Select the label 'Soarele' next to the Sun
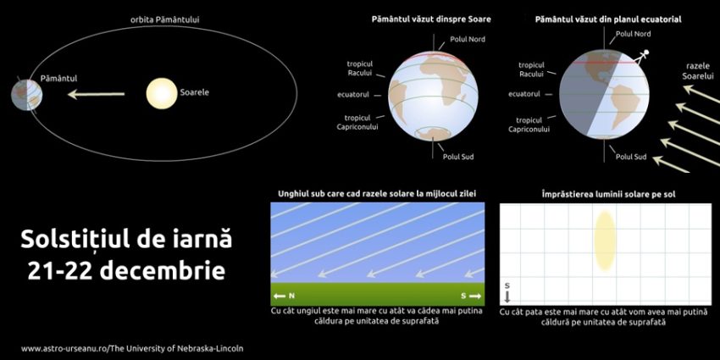tap(194, 91)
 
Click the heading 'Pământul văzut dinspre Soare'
tap(431, 18)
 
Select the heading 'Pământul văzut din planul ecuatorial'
tap(608, 18)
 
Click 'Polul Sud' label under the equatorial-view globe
tap(631, 157)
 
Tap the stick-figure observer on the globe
tap(644, 57)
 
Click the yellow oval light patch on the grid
tap(604, 241)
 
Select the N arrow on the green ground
tap(285, 296)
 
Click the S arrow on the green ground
tap(470, 296)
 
